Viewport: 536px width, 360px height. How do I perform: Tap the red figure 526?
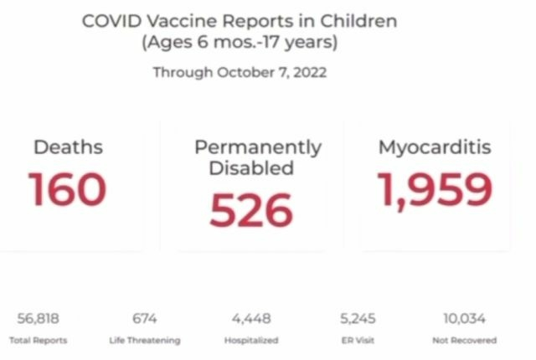pos(251,210)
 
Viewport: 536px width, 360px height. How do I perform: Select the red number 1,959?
pos(434,189)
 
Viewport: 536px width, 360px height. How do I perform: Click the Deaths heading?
pos(68,147)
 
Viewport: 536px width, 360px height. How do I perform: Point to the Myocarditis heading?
pos(434,147)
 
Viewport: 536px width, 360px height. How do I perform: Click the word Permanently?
pos(257,147)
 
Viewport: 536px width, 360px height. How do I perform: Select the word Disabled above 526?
pos(251,168)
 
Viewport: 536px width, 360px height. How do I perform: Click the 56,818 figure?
pos(38,318)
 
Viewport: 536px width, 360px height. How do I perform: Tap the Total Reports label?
pos(38,341)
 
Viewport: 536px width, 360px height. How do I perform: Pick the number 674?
pos(144,318)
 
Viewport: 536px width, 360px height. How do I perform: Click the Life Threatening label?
pos(144,341)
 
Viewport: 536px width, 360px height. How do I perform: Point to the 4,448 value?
pos(250,318)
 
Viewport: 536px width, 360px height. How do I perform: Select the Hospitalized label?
pos(250,341)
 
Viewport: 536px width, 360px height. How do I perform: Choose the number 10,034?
pos(464,318)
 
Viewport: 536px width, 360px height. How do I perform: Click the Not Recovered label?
pos(464,341)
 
